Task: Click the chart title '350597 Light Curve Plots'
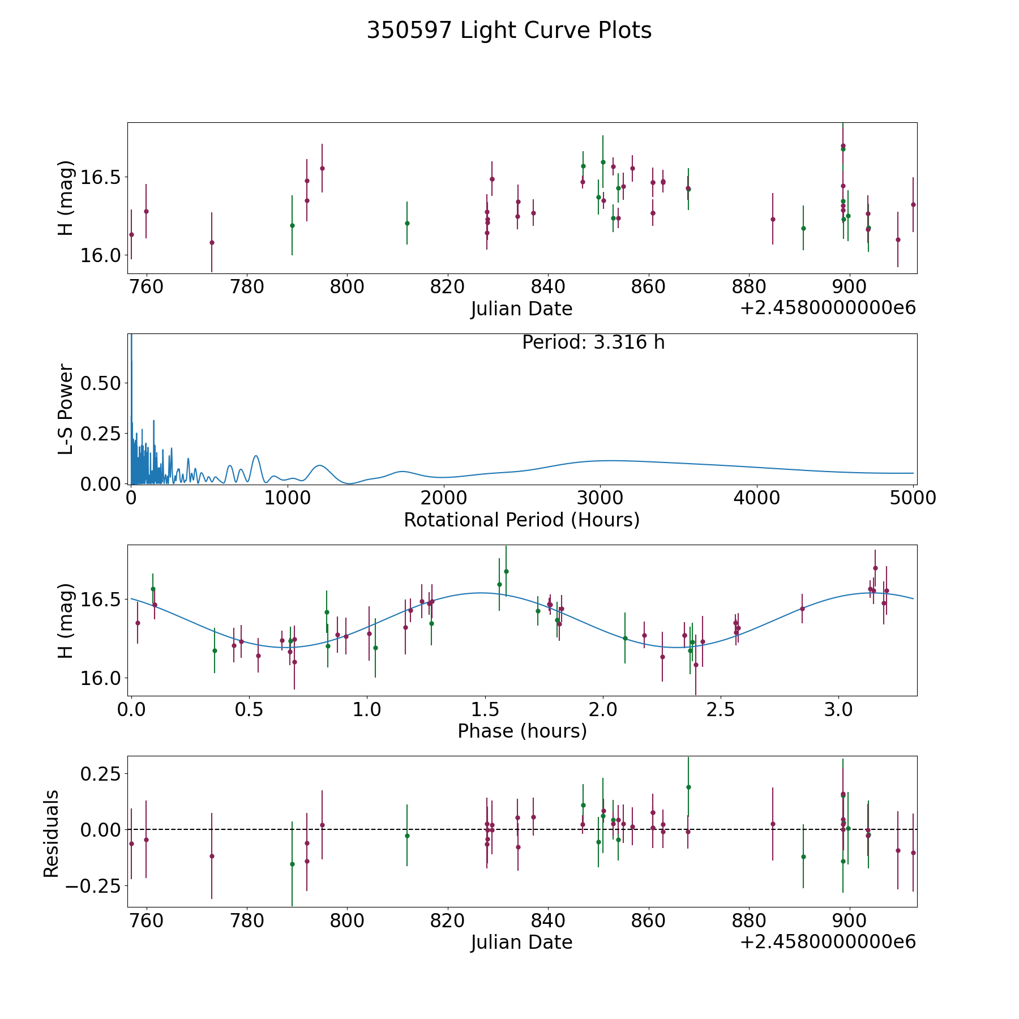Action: click(509, 31)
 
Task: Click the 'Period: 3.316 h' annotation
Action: click(593, 342)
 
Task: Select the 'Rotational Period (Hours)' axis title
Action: click(521, 520)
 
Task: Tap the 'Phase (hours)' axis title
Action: click(522, 731)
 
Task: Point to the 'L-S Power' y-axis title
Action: click(66, 409)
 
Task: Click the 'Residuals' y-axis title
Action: click(51, 833)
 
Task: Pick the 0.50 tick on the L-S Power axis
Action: click(101, 383)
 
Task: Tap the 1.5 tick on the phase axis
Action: click(485, 709)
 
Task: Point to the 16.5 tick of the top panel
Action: click(101, 177)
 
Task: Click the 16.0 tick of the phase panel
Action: click(101, 678)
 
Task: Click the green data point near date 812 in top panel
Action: click(407, 223)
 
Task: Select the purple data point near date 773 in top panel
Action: click(212, 242)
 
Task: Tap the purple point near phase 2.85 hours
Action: click(802, 609)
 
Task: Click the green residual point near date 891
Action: click(803, 857)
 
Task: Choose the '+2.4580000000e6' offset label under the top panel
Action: click(828, 309)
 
